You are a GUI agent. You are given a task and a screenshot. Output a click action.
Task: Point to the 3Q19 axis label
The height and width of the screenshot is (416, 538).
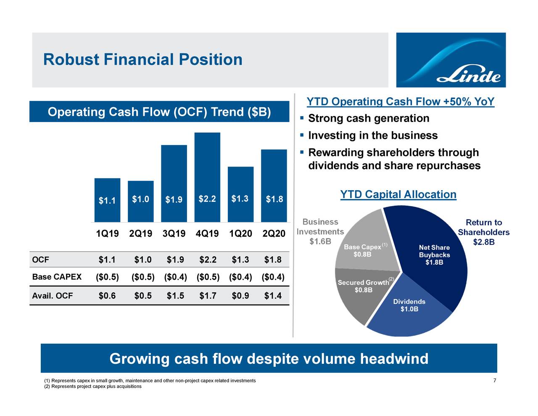click(174, 233)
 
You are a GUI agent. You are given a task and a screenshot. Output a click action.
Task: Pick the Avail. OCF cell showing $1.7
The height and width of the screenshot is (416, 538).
click(208, 296)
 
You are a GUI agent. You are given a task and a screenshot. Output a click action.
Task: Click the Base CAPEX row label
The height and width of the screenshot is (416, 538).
click(57, 277)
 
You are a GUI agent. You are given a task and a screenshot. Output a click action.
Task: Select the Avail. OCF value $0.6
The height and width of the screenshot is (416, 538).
click(107, 296)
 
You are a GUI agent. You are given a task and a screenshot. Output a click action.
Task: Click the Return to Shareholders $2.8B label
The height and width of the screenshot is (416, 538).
click(484, 232)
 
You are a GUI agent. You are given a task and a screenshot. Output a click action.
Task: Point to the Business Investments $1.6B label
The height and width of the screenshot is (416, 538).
click(320, 232)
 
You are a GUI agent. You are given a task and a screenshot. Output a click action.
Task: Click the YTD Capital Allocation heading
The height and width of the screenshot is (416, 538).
click(398, 195)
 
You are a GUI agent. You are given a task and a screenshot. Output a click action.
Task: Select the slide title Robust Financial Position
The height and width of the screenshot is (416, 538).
click(143, 60)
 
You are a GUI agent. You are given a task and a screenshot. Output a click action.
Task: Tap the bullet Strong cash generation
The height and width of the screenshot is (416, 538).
click(369, 119)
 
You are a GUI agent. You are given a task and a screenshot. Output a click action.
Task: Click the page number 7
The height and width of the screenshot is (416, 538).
click(495, 381)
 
